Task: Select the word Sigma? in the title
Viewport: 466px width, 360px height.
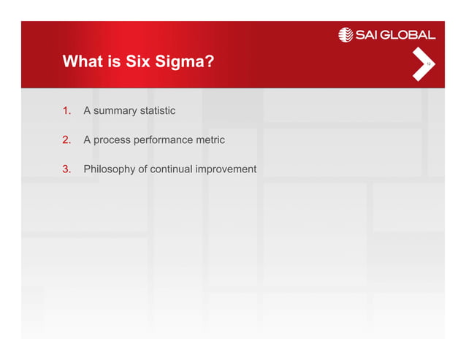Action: pyautogui.click(x=185, y=63)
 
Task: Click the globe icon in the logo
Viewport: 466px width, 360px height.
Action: pyautogui.click(x=345, y=34)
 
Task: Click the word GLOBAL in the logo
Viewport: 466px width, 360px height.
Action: pyautogui.click(x=413, y=34)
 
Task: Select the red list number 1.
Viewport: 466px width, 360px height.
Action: pyautogui.click(x=66, y=111)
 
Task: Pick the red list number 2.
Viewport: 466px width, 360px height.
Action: pyautogui.click(x=66, y=139)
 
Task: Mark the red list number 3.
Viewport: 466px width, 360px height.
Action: pyautogui.click(x=66, y=169)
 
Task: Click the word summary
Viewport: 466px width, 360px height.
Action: pyautogui.click(x=115, y=111)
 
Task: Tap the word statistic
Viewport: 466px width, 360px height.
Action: pyautogui.click(x=158, y=111)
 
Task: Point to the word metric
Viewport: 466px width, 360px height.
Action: pyautogui.click(x=208, y=139)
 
